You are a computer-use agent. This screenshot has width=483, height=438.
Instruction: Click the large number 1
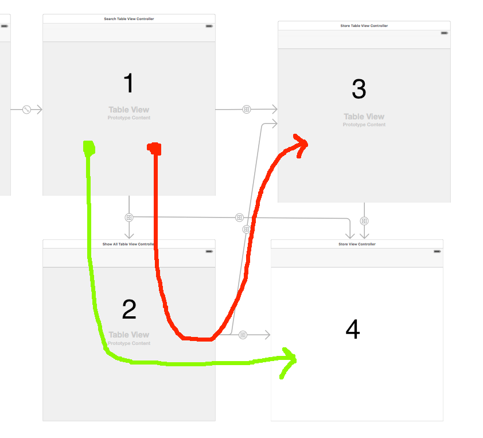pos(128,84)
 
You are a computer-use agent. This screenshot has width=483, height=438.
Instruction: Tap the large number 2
pos(129,310)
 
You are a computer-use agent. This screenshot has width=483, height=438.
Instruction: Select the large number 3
pos(359,89)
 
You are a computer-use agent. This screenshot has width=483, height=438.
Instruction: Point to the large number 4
pos(353,330)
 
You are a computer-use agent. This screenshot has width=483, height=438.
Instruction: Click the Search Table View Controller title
pos(128,19)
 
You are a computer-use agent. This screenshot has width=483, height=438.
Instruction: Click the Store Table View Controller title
pos(364,26)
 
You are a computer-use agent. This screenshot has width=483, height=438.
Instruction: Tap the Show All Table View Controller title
pos(128,244)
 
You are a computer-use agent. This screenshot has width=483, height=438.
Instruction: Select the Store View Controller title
pos(357,244)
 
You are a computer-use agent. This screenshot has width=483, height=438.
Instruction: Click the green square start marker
pos(89,148)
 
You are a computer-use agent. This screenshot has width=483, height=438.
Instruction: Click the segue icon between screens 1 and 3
pos(247,109)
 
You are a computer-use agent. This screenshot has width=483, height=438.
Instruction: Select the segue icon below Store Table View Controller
pos(364,221)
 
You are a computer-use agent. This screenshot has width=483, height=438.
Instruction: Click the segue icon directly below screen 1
pos(129,218)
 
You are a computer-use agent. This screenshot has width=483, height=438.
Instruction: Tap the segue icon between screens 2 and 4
pos(243,335)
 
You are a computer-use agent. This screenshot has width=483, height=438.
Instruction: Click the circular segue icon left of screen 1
pos(26,109)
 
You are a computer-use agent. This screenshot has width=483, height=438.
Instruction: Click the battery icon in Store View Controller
pos(437,251)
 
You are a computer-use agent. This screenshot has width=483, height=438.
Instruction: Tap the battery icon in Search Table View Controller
pos(209,26)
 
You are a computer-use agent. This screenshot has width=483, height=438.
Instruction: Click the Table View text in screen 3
pos(364,117)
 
